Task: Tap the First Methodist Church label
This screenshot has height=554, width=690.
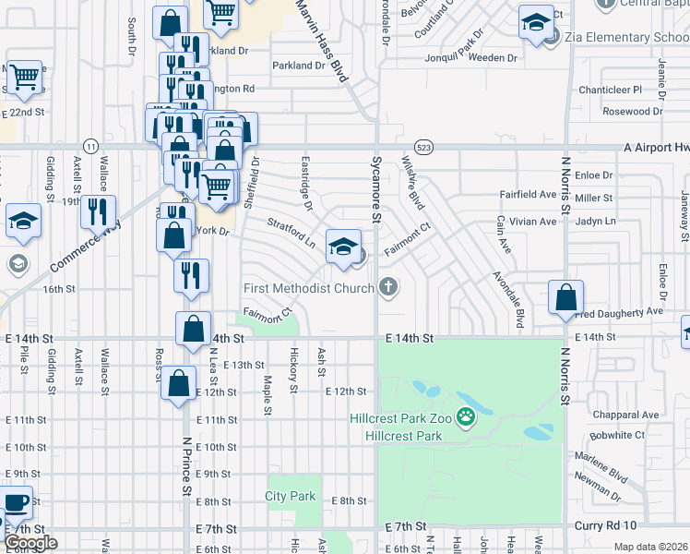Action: click(x=309, y=288)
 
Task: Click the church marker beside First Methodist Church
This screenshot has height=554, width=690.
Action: click(x=388, y=288)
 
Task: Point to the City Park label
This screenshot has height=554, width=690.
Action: click(x=291, y=496)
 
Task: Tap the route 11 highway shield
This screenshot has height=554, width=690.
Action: click(x=90, y=147)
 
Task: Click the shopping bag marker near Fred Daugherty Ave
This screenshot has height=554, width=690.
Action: click(x=565, y=298)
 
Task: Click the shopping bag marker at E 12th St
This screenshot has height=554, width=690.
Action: click(x=178, y=383)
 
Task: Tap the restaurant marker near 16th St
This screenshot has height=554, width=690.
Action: click(x=191, y=274)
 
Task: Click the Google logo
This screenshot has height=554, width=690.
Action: click(x=30, y=543)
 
